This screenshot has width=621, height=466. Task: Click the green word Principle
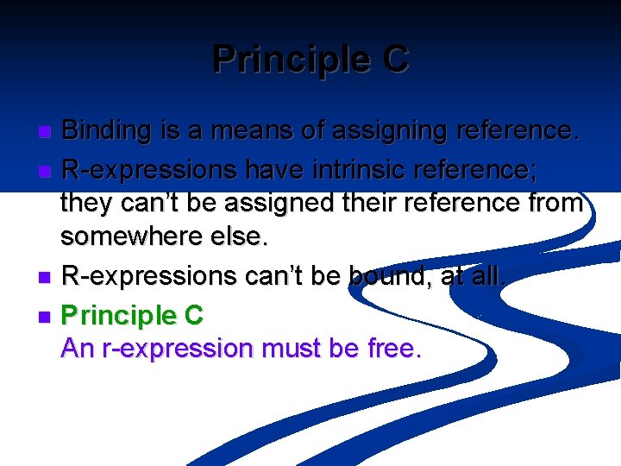click(118, 316)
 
